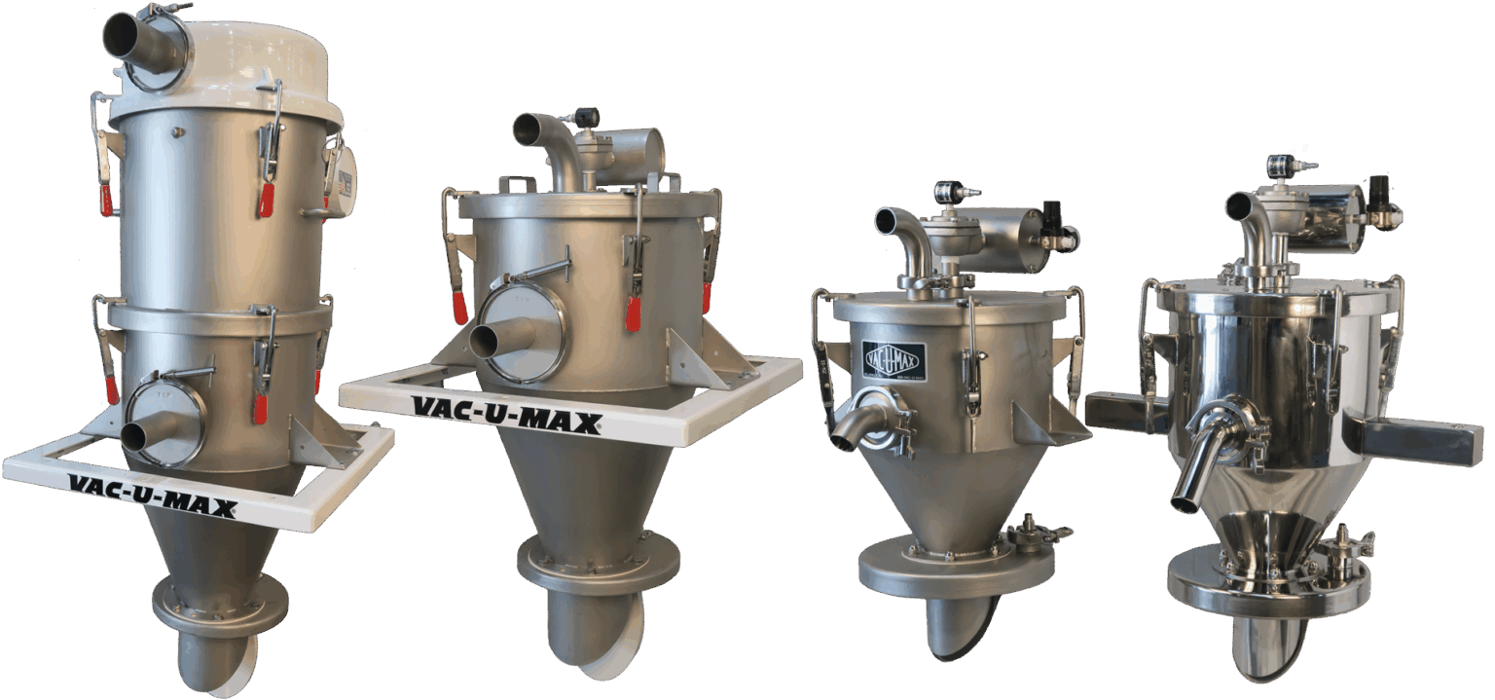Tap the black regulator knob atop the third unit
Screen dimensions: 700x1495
click(x=1053, y=213)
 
